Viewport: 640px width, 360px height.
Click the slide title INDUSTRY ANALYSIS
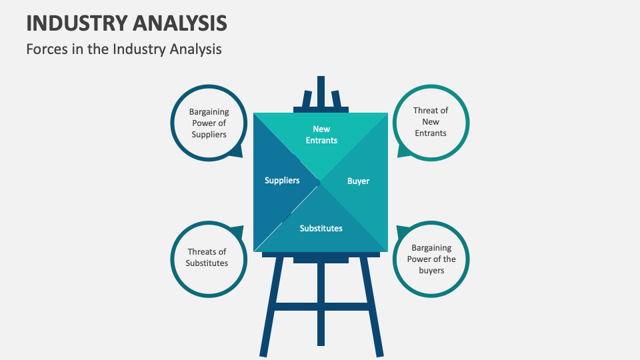pyautogui.click(x=127, y=23)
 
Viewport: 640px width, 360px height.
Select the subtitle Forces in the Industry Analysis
pyautogui.click(x=124, y=49)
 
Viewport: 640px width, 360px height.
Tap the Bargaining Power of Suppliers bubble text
pyautogui.click(x=209, y=123)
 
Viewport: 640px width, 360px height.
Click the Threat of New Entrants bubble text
pyautogui.click(x=431, y=122)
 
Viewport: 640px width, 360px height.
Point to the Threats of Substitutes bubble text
pyautogui.click(x=207, y=257)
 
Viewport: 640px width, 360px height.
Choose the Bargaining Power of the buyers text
pyautogui.click(x=431, y=259)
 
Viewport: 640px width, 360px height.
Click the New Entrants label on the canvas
pyautogui.click(x=321, y=135)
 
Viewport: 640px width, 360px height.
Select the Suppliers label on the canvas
pyautogui.click(x=282, y=180)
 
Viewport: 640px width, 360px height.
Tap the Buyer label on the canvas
pyautogui.click(x=358, y=181)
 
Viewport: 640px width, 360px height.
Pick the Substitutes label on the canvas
pyautogui.click(x=321, y=228)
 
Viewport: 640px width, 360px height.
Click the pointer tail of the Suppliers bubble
pyautogui.click(x=235, y=153)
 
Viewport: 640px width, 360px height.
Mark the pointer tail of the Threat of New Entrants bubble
pyautogui.click(x=403, y=152)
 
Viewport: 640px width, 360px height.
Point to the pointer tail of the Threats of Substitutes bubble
pyautogui.click(x=237, y=231)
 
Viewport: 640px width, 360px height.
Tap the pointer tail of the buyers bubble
pyautogui.click(x=402, y=233)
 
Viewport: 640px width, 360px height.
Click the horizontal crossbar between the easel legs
pyautogui.click(x=321, y=306)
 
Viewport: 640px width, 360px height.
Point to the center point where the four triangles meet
pyautogui.click(x=321, y=181)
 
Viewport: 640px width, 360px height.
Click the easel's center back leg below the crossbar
pyautogui.click(x=321, y=330)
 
